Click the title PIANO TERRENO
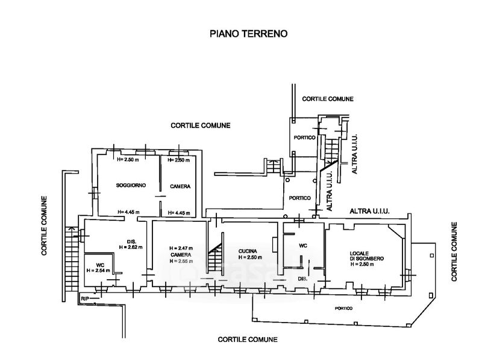(x=249, y=34)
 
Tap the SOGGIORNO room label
(x=128, y=186)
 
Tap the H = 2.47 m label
(x=180, y=248)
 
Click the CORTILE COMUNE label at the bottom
(x=248, y=339)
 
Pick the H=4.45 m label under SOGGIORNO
(x=128, y=212)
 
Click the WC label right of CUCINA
(x=303, y=245)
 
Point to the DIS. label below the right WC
(x=302, y=279)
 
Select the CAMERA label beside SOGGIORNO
(x=180, y=186)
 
